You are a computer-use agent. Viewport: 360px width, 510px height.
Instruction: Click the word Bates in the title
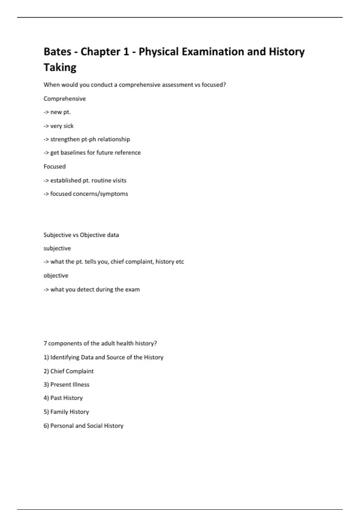tap(57, 52)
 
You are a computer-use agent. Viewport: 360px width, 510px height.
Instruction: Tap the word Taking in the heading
tap(60, 67)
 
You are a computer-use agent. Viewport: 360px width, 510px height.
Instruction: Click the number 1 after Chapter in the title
tap(126, 52)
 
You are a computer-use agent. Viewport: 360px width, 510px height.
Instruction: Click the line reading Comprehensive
tap(64, 99)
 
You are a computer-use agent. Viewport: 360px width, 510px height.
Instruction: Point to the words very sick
tap(62, 126)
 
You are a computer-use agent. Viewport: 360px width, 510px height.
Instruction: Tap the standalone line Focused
tap(54, 166)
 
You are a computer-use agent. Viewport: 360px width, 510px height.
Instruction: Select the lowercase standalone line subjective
tap(57, 248)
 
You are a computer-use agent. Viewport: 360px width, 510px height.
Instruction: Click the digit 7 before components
tap(45, 343)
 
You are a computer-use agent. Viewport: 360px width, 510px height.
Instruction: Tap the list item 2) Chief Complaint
tap(68, 371)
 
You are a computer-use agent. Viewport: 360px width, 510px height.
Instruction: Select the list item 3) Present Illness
tap(66, 385)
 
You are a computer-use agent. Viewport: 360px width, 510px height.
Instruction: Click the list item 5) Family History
tap(66, 412)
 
